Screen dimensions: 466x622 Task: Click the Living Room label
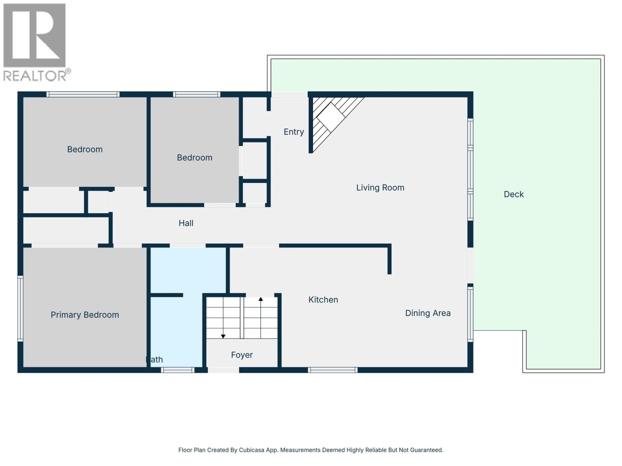coord(380,188)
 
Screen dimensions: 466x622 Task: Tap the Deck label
coord(514,194)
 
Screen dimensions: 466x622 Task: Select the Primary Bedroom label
coord(85,315)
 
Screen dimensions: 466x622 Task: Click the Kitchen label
coord(323,300)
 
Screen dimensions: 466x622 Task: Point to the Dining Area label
coord(428,313)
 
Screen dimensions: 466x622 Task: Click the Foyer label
coord(242,355)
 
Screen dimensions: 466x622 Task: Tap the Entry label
coord(294,132)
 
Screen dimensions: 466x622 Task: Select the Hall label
coord(186,223)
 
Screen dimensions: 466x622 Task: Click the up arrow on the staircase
coord(261,299)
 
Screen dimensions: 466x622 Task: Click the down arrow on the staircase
coord(223,336)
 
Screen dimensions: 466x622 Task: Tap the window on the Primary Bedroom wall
coord(20,308)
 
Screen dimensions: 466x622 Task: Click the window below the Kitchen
coord(333,370)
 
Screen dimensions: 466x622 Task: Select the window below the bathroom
coord(178,370)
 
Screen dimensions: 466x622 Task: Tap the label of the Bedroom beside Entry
coord(194,158)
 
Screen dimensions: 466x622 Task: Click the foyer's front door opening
coord(223,370)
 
